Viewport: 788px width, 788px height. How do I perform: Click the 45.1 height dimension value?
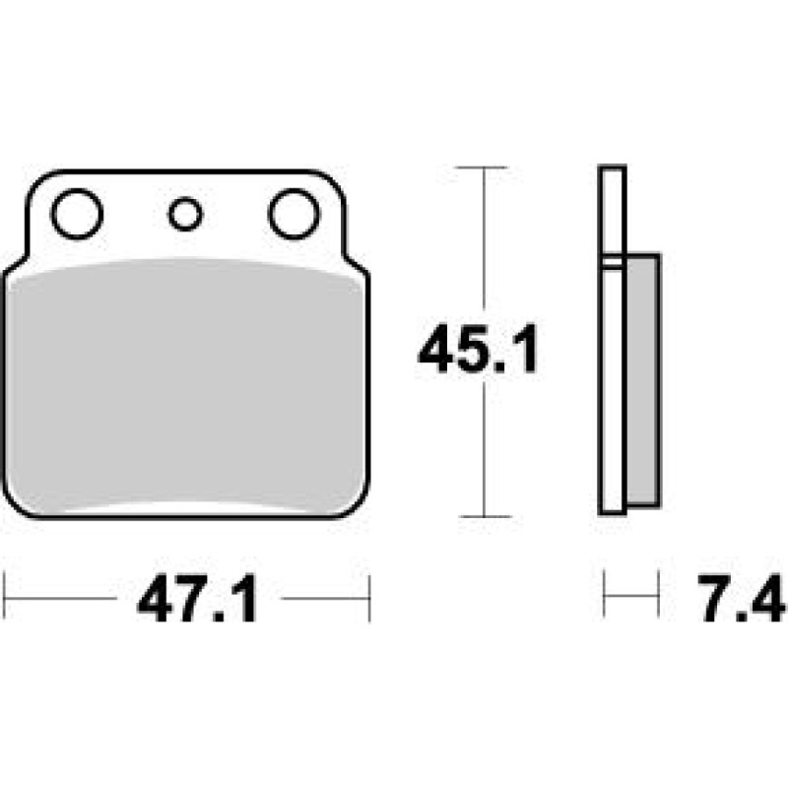pos(478,349)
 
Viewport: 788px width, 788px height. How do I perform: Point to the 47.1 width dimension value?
pos(197,598)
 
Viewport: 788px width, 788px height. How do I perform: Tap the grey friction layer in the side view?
pos(643,380)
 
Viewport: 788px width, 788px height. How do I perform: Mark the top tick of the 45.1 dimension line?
pos(484,167)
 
